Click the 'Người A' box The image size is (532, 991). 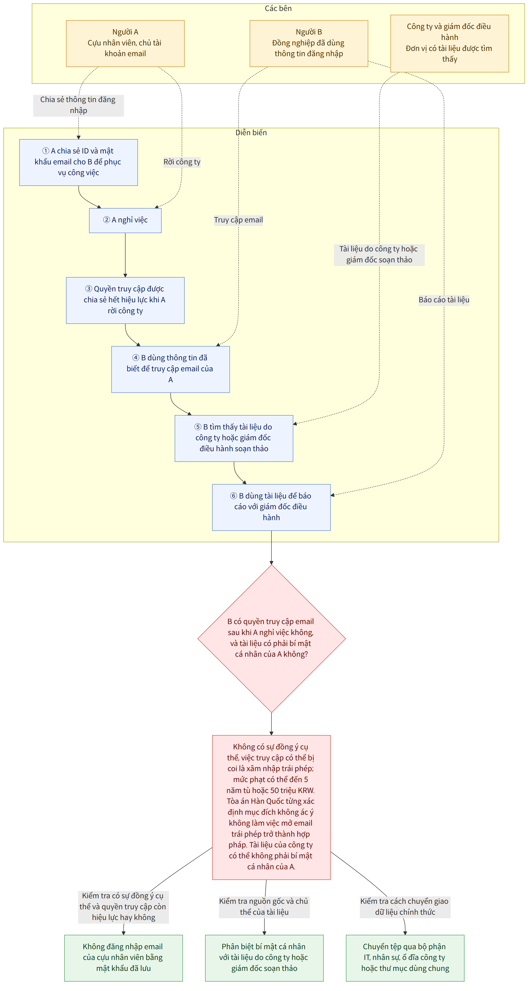point(125,43)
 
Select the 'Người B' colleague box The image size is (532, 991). point(309,43)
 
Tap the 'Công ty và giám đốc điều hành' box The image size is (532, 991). point(450,43)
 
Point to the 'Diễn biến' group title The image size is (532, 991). point(251,133)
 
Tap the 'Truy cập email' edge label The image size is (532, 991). point(238,220)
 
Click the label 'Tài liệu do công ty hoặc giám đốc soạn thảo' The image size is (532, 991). point(379,254)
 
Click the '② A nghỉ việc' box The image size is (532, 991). point(125,220)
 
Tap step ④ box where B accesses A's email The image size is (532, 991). point(170,369)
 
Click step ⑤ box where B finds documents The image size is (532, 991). point(234,438)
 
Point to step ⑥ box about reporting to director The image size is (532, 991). point(271,507)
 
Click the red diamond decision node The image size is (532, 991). point(271,639)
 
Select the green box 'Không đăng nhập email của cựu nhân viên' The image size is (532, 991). point(124,958)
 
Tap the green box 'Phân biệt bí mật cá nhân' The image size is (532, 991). point(264,958)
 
